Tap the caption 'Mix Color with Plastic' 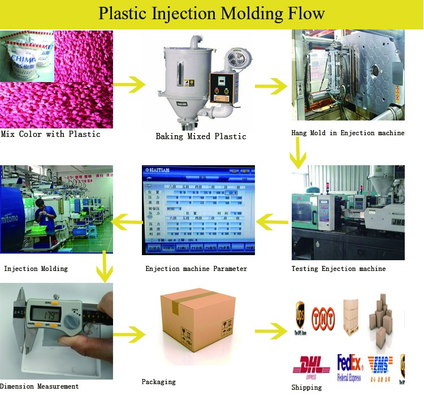point(50,134)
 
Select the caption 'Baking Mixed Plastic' point(201,136)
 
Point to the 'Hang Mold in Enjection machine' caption point(348,133)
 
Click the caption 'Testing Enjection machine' point(338,268)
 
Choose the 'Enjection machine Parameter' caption point(196,268)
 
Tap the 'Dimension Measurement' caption point(40,386)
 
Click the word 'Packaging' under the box point(158,382)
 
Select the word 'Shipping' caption point(306,387)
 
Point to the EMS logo point(379,365)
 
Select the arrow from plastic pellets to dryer point(129,85)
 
